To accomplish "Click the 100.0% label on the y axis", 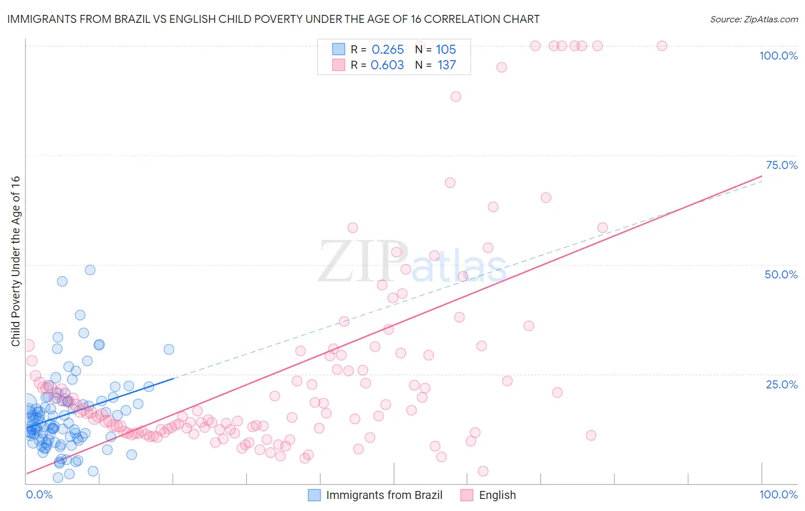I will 778,56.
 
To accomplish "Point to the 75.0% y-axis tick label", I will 782,165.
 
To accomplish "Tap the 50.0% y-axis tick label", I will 781,274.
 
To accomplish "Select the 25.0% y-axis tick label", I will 782,384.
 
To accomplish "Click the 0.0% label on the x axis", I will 39,494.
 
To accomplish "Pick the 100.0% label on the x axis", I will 778,494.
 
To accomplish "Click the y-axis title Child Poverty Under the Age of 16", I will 15,261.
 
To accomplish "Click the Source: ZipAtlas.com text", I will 753,19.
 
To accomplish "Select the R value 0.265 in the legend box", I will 388,50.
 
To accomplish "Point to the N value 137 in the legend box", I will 447,65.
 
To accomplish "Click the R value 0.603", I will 387,65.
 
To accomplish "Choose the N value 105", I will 445,50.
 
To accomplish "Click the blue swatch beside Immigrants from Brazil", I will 314,495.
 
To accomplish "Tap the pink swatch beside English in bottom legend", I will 467,495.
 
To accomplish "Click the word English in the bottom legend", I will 497,495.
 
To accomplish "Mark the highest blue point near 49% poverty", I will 90,270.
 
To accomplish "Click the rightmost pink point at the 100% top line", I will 662,46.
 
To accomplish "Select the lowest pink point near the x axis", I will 483,471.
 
